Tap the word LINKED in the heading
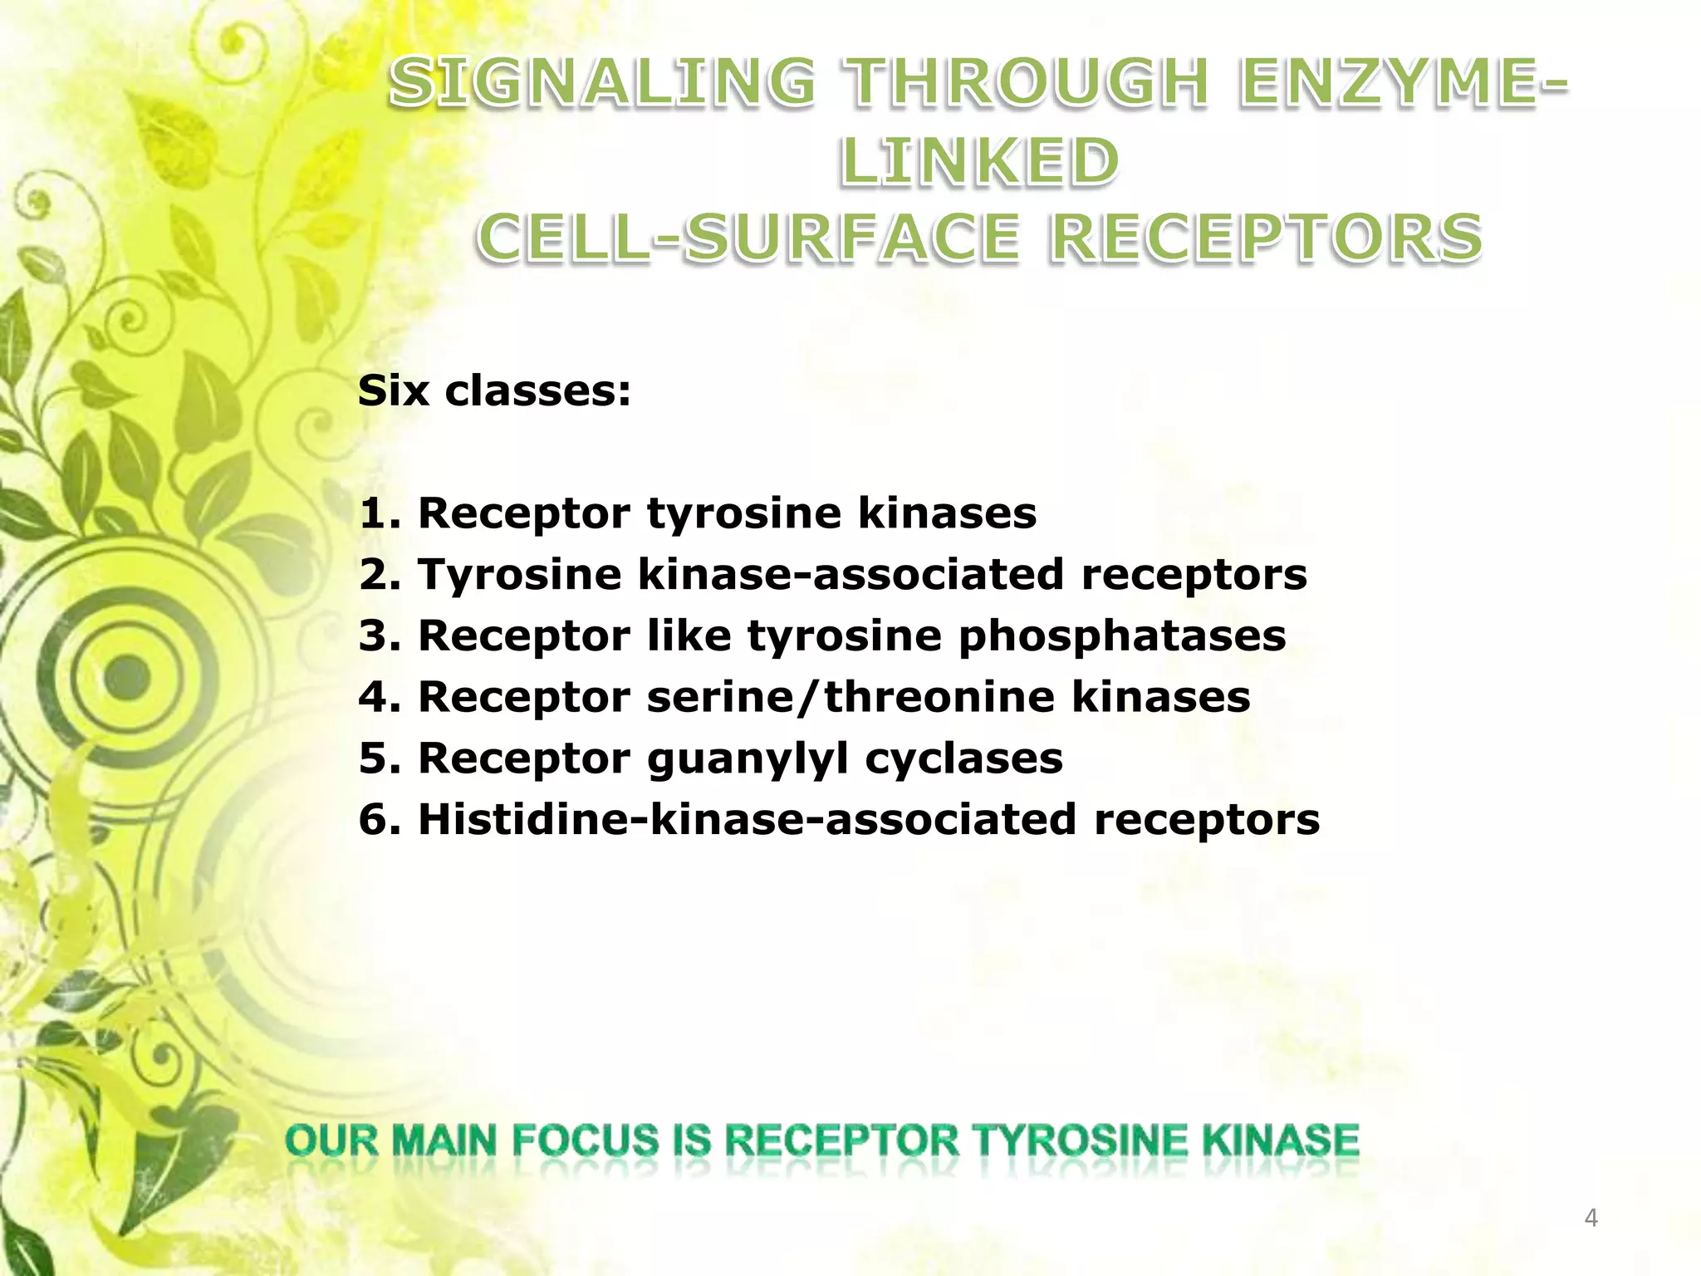click(x=980, y=161)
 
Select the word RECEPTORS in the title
click(x=1266, y=238)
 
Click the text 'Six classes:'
click(x=494, y=390)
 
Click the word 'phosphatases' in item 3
click(x=1122, y=636)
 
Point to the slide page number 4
click(x=1591, y=1218)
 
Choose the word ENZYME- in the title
click(x=1403, y=83)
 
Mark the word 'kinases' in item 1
click(x=947, y=513)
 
